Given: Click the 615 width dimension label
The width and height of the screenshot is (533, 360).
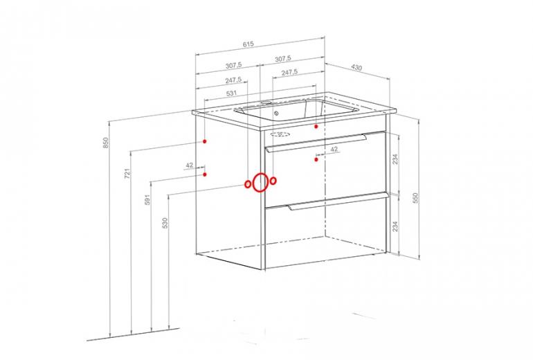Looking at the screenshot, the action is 249,44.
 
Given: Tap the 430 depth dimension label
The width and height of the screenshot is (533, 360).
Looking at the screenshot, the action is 356,68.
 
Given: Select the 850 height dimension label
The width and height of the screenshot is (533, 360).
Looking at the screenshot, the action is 105,143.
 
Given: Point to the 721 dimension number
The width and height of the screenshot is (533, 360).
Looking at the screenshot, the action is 127,173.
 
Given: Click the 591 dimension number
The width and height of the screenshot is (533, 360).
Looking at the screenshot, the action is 147,199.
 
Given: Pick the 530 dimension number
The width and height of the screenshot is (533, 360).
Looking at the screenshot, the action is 165,223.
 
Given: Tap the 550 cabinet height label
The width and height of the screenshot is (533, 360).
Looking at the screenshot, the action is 415,198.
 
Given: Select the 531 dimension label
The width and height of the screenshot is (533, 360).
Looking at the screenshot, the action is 231,93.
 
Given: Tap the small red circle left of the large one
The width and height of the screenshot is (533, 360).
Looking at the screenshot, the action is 248,184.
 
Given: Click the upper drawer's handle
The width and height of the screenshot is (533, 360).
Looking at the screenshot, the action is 316,143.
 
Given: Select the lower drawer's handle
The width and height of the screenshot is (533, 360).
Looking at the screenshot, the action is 338,201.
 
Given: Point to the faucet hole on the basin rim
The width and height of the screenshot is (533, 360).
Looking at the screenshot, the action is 266,102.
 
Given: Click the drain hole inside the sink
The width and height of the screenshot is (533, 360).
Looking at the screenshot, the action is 276,114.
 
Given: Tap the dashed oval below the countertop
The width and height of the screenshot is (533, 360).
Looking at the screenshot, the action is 280,134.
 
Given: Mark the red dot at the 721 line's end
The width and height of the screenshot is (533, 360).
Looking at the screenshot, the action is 205,141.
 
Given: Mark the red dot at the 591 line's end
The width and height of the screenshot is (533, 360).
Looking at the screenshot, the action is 205,174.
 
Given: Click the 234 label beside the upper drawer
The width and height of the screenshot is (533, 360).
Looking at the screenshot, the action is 395,159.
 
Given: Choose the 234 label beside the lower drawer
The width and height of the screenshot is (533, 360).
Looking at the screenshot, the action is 395,226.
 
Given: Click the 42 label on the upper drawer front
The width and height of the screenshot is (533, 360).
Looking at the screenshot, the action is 334,149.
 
